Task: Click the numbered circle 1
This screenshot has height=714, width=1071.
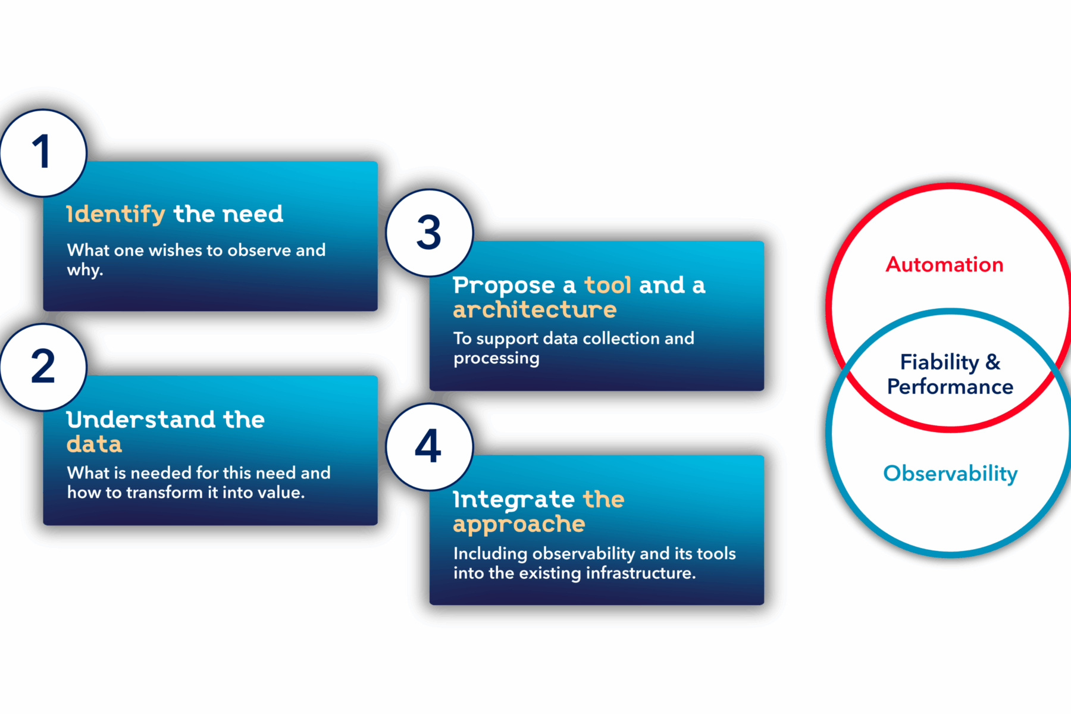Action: tap(43, 153)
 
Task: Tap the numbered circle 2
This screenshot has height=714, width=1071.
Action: tap(43, 367)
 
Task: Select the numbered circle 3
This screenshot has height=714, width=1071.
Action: tap(430, 233)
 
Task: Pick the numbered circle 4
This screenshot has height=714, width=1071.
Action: tap(430, 447)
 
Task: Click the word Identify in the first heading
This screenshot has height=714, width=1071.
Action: tap(116, 214)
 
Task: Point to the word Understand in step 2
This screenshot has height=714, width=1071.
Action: tap(141, 419)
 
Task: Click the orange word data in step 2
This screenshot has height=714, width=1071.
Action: tap(94, 444)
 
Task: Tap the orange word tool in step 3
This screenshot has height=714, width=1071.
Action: tap(607, 285)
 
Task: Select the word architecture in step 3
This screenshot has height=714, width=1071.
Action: tap(535, 309)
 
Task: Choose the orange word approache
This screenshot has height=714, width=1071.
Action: tap(519, 524)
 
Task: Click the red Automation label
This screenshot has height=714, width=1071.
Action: tap(945, 264)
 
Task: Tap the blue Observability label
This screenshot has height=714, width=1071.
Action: tap(950, 474)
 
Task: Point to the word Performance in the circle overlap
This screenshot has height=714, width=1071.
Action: tap(950, 387)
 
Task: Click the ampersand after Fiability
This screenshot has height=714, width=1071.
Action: tap(993, 362)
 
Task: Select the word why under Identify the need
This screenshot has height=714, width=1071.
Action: tap(84, 270)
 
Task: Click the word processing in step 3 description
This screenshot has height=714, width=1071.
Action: tap(496, 358)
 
